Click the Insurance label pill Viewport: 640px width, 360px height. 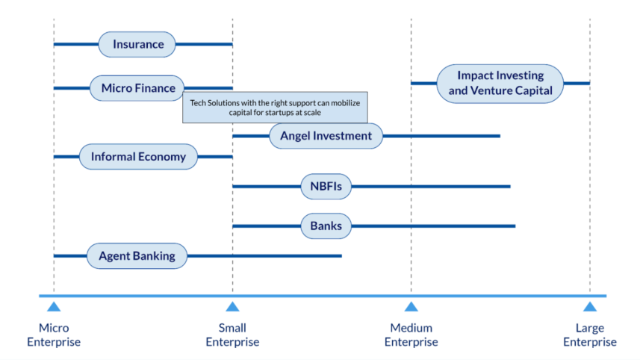coord(137,44)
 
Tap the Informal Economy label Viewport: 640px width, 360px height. coord(138,157)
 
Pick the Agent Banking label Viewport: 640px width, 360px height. coord(137,255)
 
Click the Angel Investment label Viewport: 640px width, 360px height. coord(326,136)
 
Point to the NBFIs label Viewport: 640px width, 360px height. coord(326,186)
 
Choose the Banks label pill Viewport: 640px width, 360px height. coord(326,226)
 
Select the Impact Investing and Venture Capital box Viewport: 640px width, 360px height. coord(500,83)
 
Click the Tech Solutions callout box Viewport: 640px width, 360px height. coord(276,108)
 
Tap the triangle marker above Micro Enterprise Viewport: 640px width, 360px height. coord(54,306)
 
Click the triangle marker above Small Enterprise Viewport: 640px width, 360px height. coord(232,306)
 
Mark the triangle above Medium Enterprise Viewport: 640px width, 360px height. coord(411,306)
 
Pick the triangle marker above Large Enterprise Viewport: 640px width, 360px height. coord(590,306)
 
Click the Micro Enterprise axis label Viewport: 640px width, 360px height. coord(54,335)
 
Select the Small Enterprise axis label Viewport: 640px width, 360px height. coord(232,335)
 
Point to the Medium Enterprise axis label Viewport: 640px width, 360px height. coord(411,335)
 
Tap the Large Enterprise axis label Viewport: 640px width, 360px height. coord(590,335)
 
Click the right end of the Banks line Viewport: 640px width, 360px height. coord(514,226)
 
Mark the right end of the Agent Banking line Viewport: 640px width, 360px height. coord(341,255)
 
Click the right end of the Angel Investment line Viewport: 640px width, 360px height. coord(499,136)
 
